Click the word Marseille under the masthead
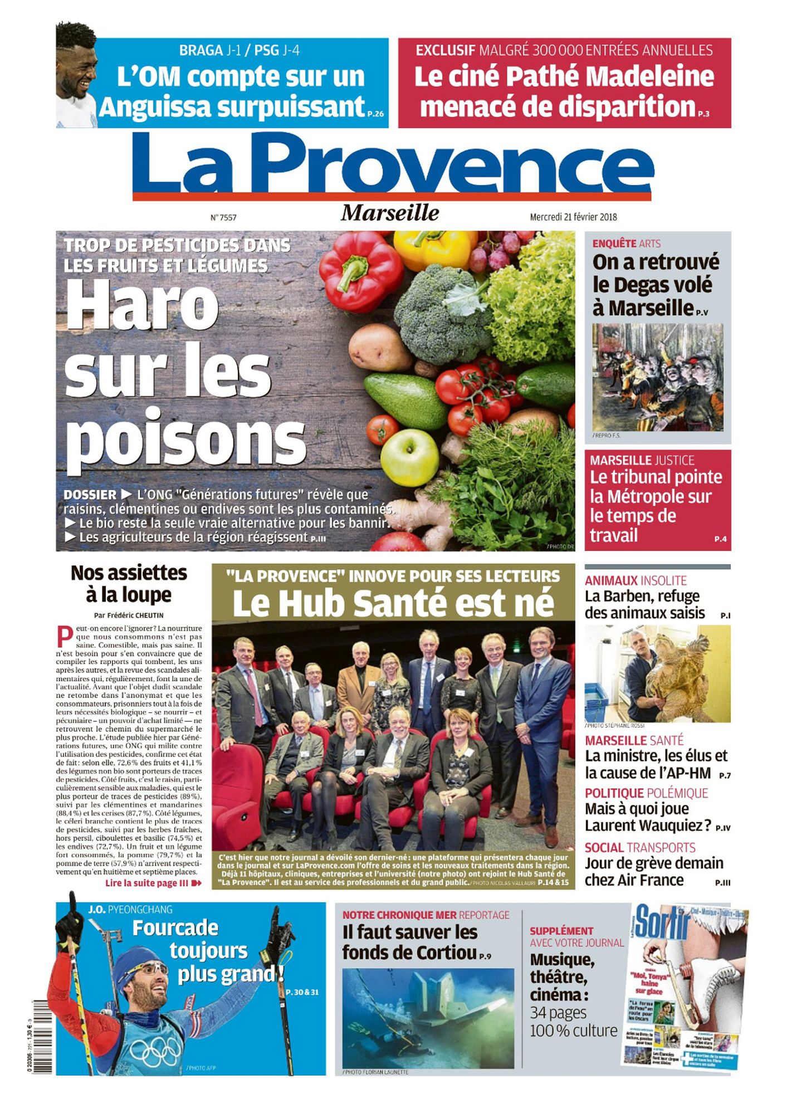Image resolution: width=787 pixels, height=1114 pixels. coord(390,213)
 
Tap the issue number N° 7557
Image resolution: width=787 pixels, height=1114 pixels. coord(223,218)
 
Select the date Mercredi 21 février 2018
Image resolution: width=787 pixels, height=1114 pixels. coord(573,217)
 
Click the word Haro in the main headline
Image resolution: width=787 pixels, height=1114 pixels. coord(143,306)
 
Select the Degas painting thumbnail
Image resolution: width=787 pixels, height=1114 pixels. coord(657,377)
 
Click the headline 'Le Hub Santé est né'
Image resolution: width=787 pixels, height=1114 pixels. coord(393,603)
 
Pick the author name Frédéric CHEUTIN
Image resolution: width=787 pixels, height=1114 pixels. coord(136,616)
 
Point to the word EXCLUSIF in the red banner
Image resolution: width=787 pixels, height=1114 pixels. coord(445,51)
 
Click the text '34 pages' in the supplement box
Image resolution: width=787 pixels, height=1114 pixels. coord(558,1012)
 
